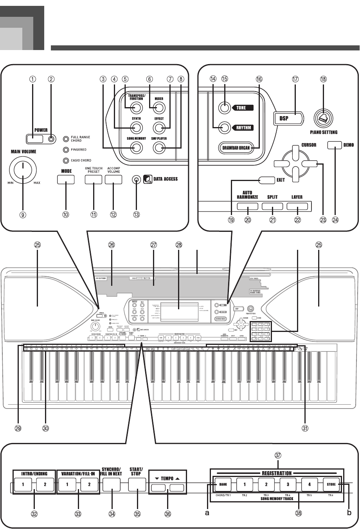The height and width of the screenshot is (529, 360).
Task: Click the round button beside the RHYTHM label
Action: pos(224,127)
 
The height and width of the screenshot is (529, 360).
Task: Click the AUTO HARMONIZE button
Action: pos(247,206)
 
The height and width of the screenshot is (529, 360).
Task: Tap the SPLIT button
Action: pos(272,206)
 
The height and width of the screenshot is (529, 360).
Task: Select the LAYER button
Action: pos(297,206)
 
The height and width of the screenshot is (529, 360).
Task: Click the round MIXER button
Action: pos(158,107)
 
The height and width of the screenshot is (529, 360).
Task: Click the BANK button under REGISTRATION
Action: pos(223,484)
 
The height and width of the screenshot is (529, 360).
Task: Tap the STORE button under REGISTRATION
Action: pos(331,484)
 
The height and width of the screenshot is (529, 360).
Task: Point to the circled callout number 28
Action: pos(179,245)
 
